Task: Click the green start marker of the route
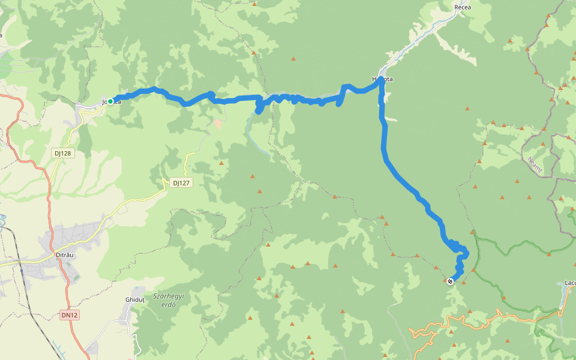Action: coord(110,101)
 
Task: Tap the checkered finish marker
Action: coord(450,281)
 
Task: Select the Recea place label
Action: coord(463,7)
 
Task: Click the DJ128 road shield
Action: coord(62,153)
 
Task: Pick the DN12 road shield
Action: coord(70,315)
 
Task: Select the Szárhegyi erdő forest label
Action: coord(169,300)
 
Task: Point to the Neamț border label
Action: coord(535,164)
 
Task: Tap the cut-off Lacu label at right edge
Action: coord(570,282)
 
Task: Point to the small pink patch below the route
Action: coord(217,123)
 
